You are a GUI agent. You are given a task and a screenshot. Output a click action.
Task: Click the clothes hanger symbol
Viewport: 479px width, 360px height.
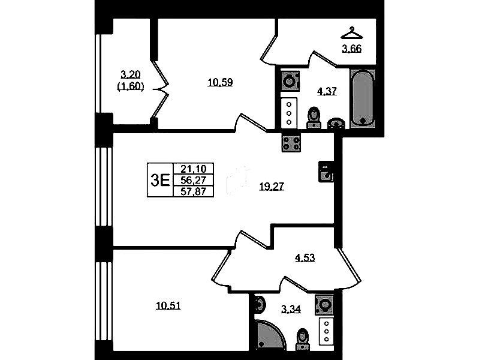352,33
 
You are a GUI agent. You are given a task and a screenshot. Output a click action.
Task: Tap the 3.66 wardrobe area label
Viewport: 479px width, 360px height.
352,49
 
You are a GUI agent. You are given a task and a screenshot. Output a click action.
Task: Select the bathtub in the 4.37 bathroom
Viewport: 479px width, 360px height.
362,98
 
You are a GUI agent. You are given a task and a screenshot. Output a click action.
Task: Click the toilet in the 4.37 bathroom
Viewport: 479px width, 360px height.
314,117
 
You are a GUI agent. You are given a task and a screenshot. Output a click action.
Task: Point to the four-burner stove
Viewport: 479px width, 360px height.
291,143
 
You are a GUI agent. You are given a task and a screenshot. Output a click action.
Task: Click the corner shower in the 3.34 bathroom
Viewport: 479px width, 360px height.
269,335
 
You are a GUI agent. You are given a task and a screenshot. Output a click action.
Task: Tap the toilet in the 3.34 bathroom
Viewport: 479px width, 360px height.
302,339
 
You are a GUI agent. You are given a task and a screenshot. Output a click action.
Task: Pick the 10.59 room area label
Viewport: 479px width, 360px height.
220,82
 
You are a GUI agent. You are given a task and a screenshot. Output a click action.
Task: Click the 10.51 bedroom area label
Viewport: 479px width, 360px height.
168,305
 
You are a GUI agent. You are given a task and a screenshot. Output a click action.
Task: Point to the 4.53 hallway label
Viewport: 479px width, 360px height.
305,258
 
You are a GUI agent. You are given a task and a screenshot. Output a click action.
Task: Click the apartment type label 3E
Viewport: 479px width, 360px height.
160,180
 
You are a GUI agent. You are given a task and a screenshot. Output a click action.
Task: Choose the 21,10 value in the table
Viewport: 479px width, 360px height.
194,169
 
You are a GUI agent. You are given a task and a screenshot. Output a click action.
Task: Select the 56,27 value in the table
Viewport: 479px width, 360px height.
194,180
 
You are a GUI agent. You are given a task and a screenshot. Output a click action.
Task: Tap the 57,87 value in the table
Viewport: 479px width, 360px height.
194,191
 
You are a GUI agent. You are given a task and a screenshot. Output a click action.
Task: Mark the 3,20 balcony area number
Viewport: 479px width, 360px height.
131,74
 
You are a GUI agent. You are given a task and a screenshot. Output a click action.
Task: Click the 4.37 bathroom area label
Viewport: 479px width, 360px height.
327,91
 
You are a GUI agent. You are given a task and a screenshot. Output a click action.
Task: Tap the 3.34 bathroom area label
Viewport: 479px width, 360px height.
291,309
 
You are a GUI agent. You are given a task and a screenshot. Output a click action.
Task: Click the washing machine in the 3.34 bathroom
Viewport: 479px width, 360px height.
324,305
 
